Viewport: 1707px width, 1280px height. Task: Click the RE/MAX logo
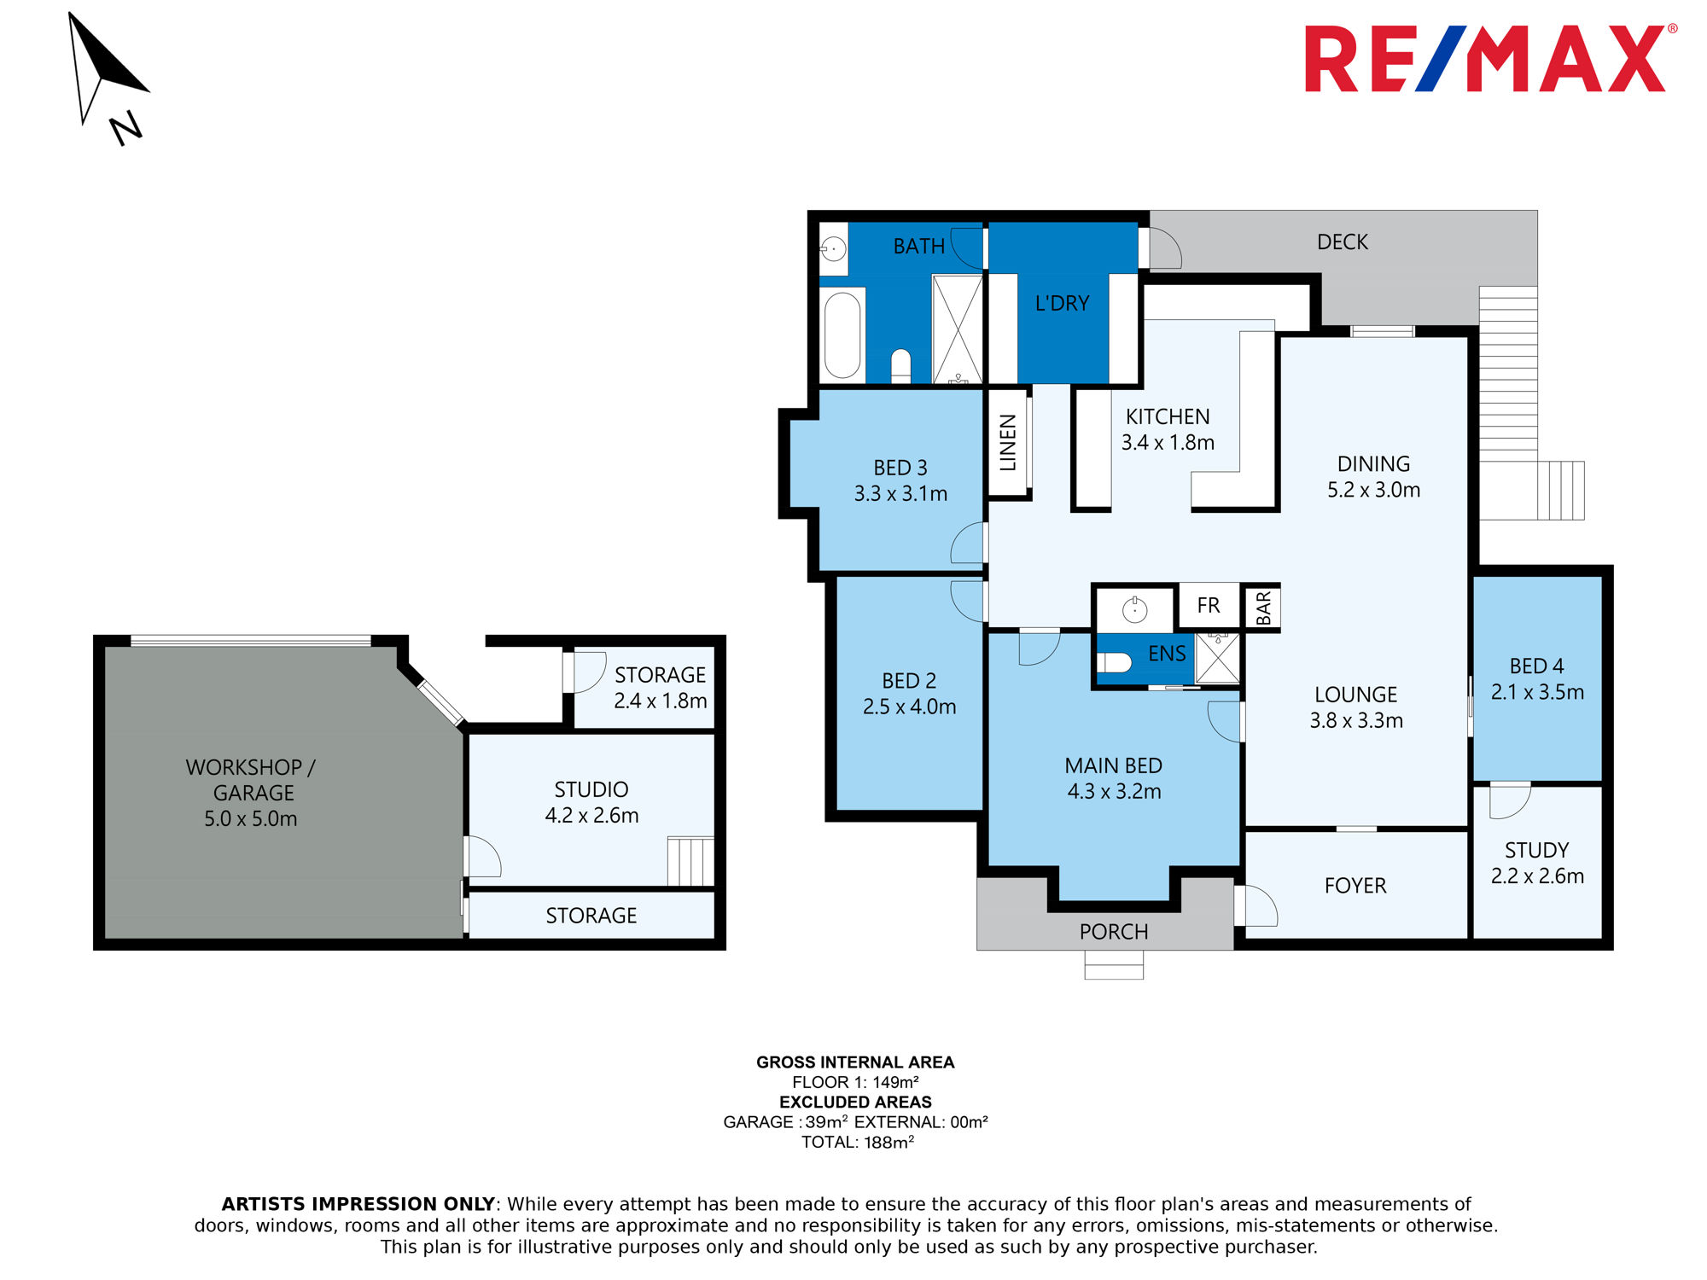[x=1489, y=58]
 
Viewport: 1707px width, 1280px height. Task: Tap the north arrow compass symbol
[x=107, y=77]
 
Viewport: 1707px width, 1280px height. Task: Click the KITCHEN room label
[x=1168, y=416]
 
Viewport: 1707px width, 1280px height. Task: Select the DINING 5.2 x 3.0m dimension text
[x=1373, y=490]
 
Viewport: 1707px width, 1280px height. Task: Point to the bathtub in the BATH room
[x=842, y=335]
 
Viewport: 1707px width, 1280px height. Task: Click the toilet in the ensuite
[x=1114, y=662]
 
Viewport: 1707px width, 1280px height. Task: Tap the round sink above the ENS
[x=1134, y=609]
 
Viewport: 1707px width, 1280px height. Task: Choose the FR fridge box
[x=1209, y=605]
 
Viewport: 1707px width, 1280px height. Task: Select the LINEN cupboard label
[x=1008, y=442]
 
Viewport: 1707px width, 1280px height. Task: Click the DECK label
[x=1342, y=242]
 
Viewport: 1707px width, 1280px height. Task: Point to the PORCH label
[x=1113, y=932]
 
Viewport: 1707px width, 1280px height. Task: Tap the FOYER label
[x=1355, y=886]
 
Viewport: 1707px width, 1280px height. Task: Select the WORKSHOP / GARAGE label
[x=251, y=780]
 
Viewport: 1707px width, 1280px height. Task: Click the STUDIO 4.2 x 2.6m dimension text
[x=591, y=816]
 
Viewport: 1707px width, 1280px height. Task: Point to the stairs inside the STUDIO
[x=690, y=862]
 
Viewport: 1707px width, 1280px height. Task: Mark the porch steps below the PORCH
[x=1114, y=964]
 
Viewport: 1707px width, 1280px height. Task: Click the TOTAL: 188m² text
[x=857, y=1142]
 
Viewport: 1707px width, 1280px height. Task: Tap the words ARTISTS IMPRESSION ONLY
[x=358, y=1204]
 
